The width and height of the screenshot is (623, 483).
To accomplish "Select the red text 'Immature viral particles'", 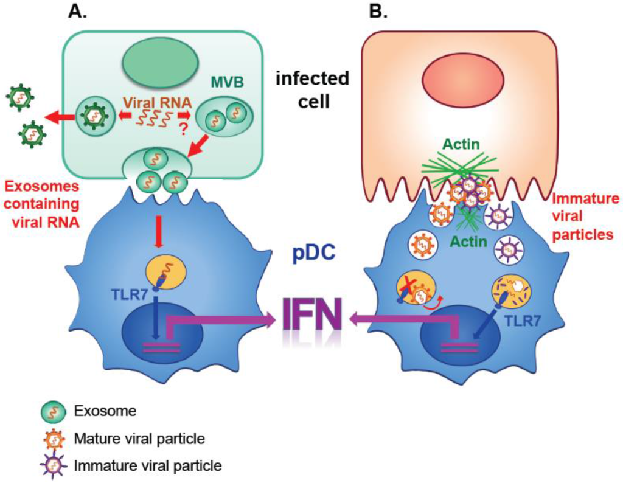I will coord(586,216).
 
